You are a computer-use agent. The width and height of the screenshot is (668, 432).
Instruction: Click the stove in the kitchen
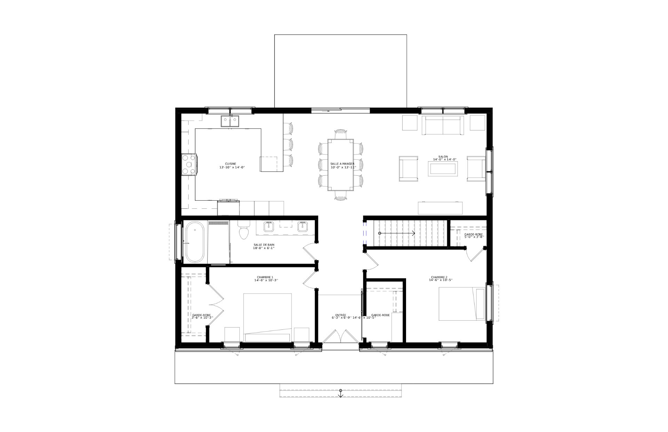[x=189, y=165]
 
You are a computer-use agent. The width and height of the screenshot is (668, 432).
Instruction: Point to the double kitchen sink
[x=230, y=121]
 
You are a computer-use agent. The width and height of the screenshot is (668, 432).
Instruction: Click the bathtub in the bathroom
[x=194, y=242]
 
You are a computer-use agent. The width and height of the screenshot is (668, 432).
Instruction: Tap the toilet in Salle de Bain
[x=244, y=232]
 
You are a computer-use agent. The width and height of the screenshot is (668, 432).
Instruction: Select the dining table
[x=341, y=165]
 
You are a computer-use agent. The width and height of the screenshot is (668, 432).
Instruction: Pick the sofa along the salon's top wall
[x=443, y=126]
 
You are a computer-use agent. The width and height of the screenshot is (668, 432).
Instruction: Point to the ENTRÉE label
[x=341, y=315]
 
